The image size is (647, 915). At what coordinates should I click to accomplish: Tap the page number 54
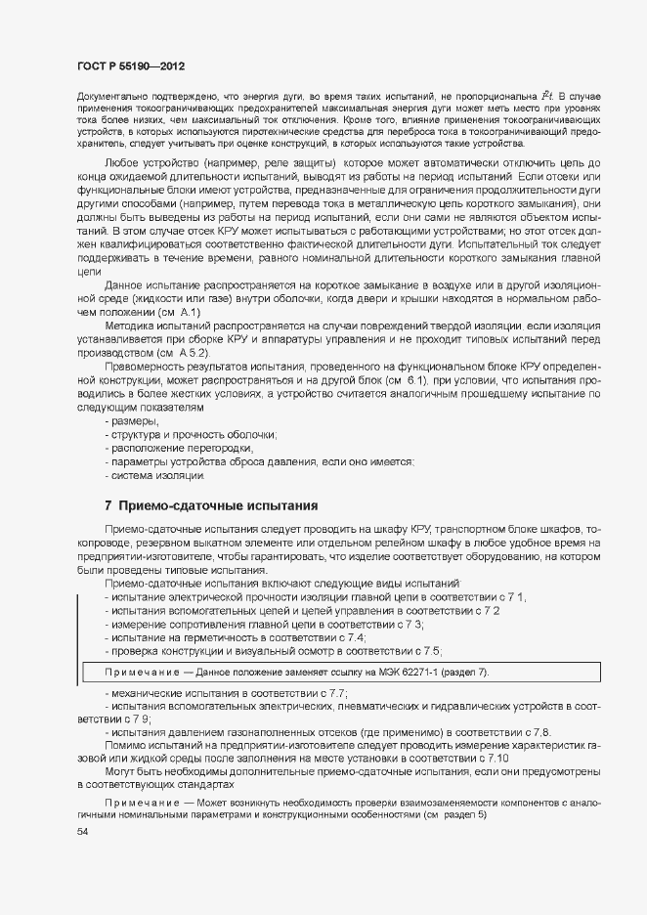point(82,831)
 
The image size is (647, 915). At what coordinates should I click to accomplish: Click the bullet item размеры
point(135,421)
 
